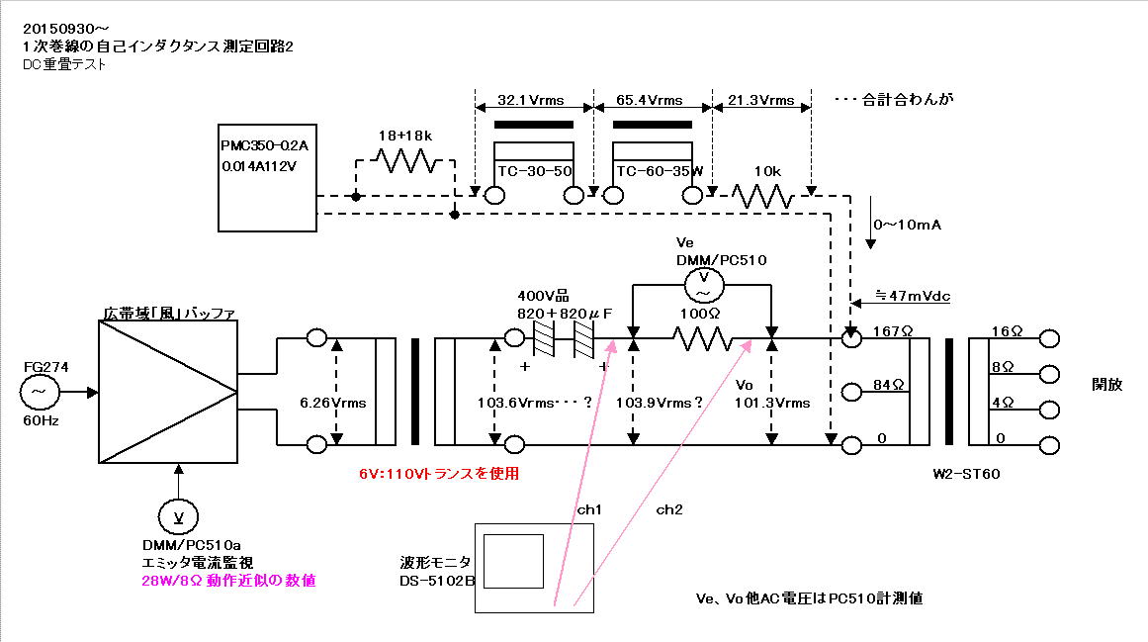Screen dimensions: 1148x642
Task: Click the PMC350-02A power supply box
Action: pos(267,178)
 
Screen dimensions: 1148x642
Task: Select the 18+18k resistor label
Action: pos(404,136)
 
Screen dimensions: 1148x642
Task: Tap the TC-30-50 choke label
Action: pos(535,171)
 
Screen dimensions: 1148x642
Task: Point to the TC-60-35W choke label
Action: pos(659,171)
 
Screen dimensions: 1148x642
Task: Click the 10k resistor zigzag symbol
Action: pos(763,196)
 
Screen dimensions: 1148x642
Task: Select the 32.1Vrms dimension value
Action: pos(531,100)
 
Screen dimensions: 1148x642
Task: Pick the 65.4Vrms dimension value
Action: pos(650,100)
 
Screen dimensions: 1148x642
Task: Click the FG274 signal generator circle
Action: pos(39,393)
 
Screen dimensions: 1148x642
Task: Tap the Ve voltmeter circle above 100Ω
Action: pos(704,285)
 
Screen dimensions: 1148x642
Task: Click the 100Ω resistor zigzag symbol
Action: pos(702,339)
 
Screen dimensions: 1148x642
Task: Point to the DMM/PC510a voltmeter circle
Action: pos(178,516)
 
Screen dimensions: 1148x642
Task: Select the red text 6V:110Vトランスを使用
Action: pos(439,474)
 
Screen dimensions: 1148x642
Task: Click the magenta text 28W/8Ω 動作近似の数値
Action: pos(228,581)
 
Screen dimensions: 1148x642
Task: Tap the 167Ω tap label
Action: pos(893,331)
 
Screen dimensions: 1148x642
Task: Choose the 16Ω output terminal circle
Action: pos(1050,338)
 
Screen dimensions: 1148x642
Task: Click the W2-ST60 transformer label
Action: pos(966,474)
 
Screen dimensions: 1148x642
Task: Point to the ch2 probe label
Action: pos(669,509)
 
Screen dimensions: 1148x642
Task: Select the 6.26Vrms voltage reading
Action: pos(332,403)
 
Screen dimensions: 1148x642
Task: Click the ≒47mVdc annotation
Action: pos(913,296)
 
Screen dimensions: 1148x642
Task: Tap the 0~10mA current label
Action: pos(907,225)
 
